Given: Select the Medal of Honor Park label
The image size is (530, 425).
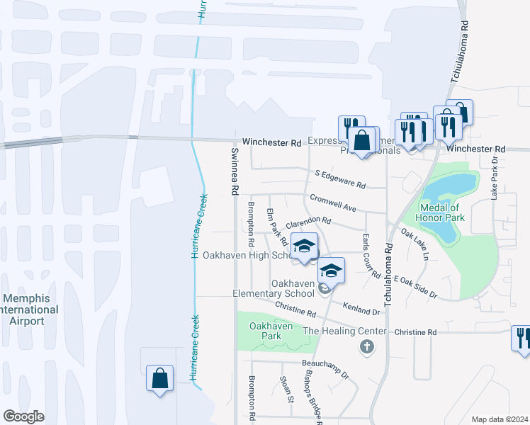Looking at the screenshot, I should coord(441,212).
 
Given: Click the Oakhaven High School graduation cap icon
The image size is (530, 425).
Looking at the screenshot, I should coord(304,246).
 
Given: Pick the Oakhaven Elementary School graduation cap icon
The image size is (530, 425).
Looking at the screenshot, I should coord(330,270).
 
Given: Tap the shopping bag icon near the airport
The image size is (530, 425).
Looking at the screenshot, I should coord(159,378).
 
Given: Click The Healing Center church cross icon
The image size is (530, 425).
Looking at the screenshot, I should coord(366,347).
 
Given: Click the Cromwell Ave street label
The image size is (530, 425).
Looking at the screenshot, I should coord(332,203).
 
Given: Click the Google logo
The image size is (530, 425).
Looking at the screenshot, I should coord(23,416).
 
